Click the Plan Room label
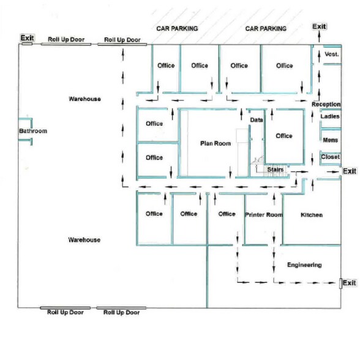pos(216,143)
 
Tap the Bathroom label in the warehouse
pos(33,131)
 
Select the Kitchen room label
pos(312,215)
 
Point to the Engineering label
pos(304,265)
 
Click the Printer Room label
pos(264,215)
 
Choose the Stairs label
pos(276,170)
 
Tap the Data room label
pos(257,120)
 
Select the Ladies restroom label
pos(330,116)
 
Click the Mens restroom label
pos(330,140)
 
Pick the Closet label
pos(330,157)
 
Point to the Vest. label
pos(332,54)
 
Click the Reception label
pos(326,104)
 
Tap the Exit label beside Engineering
pos(350,283)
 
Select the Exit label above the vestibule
pos(319,27)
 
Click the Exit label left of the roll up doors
pos(28,38)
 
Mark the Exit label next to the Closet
pos(350,171)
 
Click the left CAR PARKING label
pos(177,29)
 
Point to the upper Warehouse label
pos(84,99)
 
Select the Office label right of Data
pos(284,136)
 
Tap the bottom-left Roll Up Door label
pos(65,312)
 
